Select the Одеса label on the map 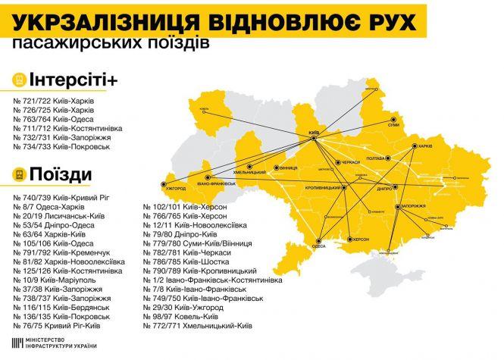click(x=319, y=246)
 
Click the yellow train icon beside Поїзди click(x=17, y=175)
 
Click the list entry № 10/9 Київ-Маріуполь click(x=61, y=279)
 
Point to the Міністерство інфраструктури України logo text click(x=61, y=342)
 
